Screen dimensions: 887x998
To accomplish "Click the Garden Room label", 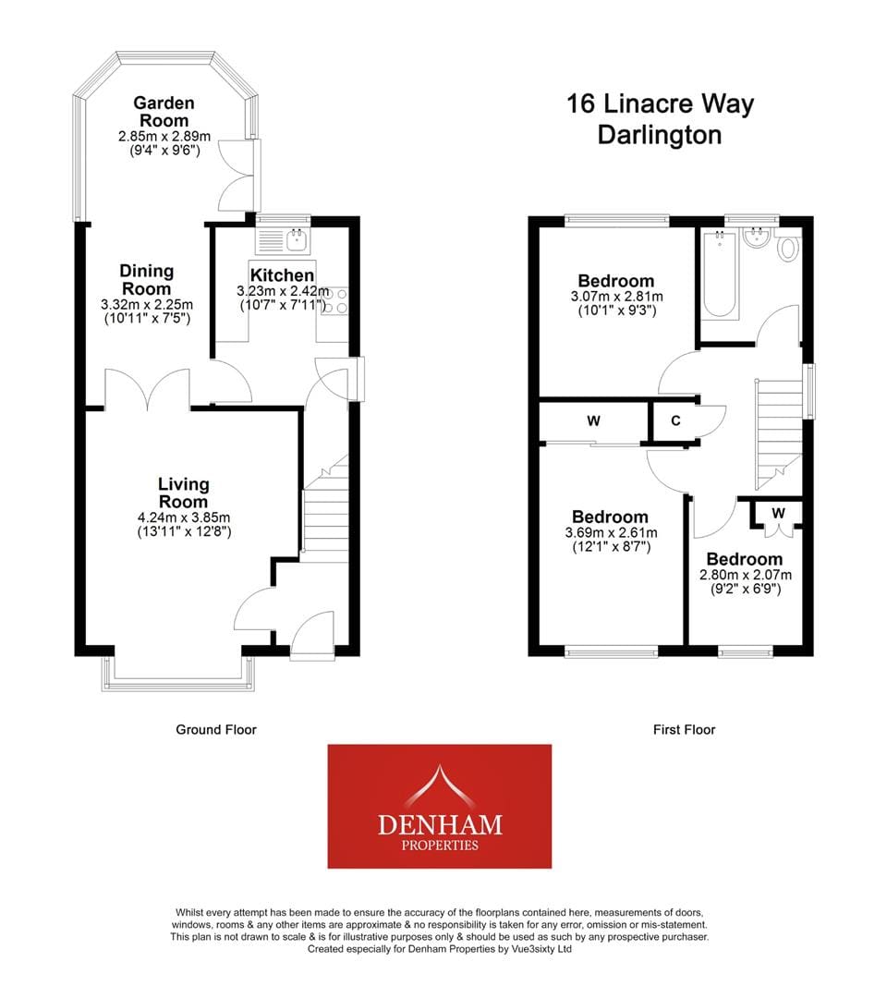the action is click(x=164, y=112).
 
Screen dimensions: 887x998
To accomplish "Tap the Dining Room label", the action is click(x=147, y=279).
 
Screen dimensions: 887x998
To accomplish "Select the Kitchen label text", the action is click(x=282, y=275).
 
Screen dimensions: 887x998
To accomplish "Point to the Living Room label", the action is click(x=183, y=492).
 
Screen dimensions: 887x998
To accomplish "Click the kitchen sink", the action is click(x=283, y=240).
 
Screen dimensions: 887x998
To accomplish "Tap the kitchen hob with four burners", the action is click(x=334, y=301).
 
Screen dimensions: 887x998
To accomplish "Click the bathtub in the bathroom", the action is click(x=720, y=274).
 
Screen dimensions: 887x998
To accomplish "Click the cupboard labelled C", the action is click(x=675, y=420).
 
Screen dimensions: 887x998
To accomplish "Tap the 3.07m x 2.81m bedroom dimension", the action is click(x=616, y=296).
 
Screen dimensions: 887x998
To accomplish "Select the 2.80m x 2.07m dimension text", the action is click(x=746, y=575).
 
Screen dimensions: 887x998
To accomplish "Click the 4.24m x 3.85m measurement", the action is click(x=184, y=517).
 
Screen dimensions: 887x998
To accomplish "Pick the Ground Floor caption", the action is click(x=216, y=729).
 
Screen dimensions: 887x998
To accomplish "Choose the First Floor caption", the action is click(x=684, y=729).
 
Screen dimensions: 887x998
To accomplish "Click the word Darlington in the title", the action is click(x=659, y=135).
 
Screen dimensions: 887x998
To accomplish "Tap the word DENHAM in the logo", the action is click(x=440, y=825).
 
